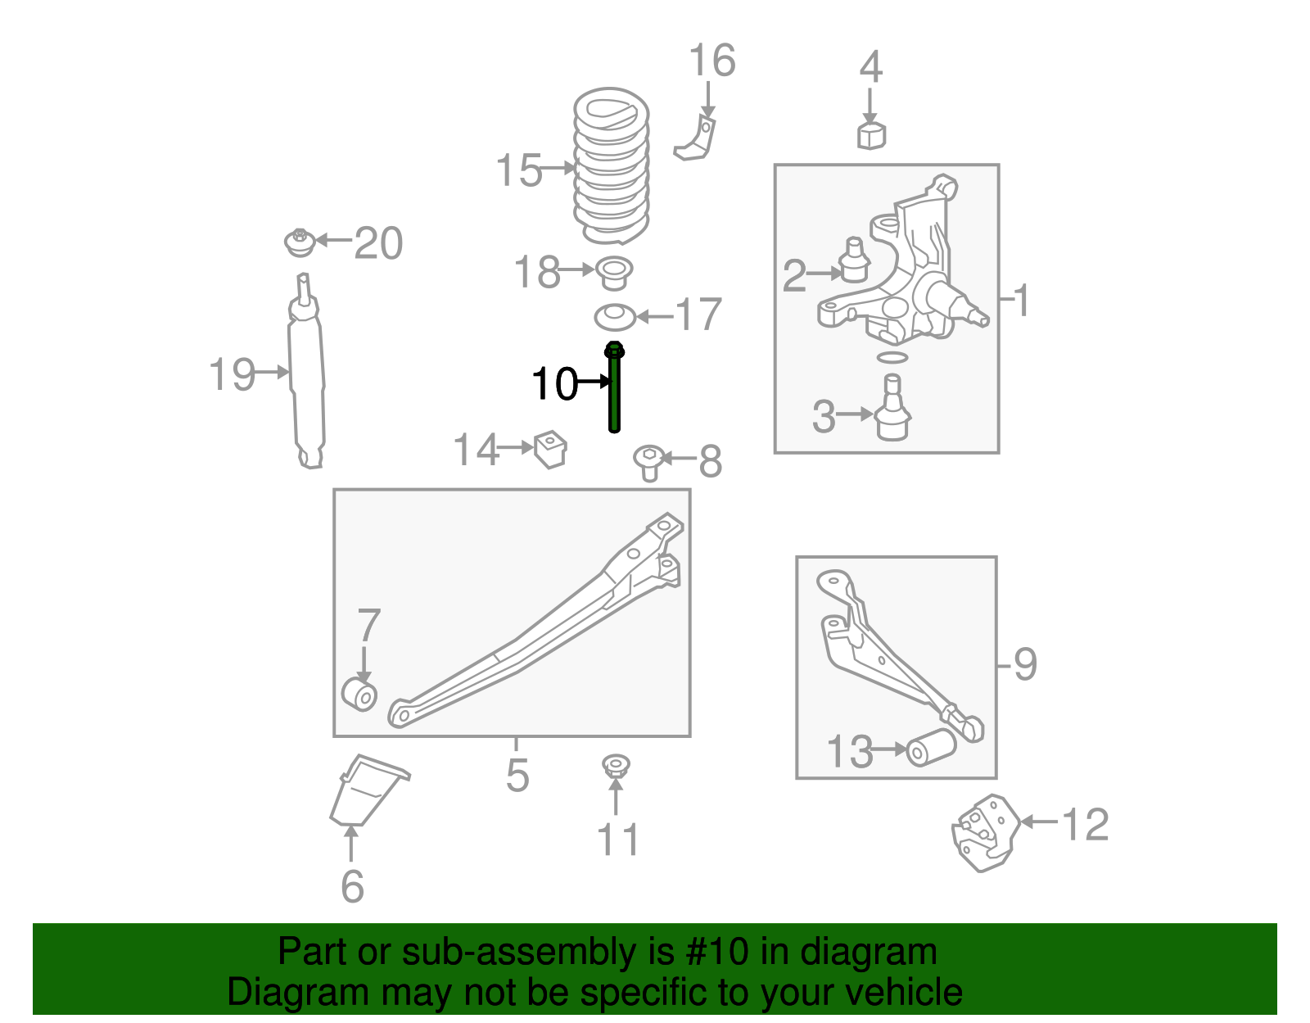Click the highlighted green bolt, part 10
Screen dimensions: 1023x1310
[614, 389]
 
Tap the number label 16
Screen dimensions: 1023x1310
[711, 61]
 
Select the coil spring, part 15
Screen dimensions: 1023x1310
[611, 168]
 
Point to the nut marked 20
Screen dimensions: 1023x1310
[300, 242]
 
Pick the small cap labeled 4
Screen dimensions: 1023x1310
[871, 135]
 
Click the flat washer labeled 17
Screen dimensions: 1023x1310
[614, 316]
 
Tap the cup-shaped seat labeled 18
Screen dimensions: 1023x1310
[614, 272]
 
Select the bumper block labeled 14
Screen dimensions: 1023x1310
[551, 449]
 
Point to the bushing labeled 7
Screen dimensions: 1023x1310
[359, 694]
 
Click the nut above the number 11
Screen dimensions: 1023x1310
[616, 766]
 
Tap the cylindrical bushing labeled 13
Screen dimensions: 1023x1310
[931, 746]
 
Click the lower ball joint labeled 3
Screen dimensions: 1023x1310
[892, 414]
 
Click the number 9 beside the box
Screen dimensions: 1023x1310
[1025, 664]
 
